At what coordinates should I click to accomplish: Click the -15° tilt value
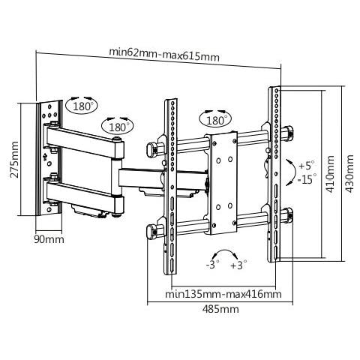[304, 178]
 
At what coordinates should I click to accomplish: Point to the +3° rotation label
[238, 265]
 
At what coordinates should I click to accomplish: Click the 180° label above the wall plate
[84, 106]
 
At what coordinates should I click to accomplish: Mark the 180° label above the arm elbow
[117, 127]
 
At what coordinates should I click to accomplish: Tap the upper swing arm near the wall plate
[82, 142]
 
